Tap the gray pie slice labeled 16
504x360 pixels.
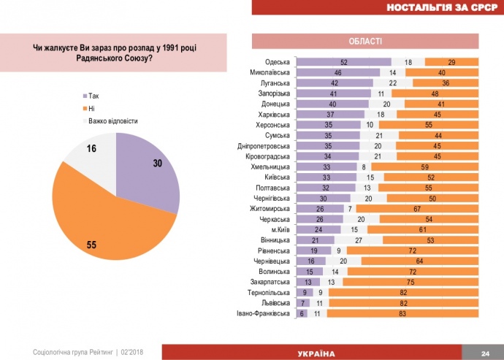pyautogui.click(x=91, y=153)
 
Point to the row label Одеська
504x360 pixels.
pyautogui.click(x=277, y=63)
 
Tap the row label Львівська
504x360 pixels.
pyautogui.click(x=275, y=303)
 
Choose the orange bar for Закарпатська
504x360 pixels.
pyautogui.click(x=410, y=282)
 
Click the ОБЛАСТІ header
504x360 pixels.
pyautogui.click(x=365, y=41)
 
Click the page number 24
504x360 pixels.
pyautogui.click(x=484, y=353)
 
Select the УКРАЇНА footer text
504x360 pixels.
pyautogui.click(x=321, y=353)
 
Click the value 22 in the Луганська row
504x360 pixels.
pyautogui.click(x=393, y=83)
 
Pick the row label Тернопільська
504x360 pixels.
pyautogui.click(x=270, y=292)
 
